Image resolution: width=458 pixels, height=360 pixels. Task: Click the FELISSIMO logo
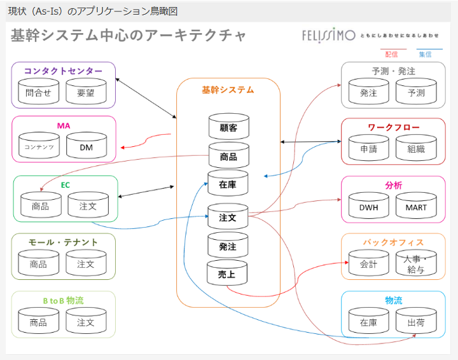(328, 36)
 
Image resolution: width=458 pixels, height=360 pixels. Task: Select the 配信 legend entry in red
(392, 55)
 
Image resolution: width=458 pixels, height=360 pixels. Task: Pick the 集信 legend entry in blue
(425, 55)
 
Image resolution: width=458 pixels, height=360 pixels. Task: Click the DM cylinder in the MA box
(87, 147)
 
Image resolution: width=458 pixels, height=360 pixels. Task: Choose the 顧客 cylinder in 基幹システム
(228, 127)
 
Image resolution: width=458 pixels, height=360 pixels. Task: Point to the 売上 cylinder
(227, 274)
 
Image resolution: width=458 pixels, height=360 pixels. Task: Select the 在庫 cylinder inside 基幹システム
(228, 184)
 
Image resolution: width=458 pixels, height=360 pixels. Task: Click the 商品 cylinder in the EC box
(41, 206)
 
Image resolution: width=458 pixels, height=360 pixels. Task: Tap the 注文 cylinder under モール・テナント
(86, 264)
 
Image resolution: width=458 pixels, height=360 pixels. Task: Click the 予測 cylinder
(416, 93)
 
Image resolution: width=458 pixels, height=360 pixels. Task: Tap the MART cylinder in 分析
(416, 207)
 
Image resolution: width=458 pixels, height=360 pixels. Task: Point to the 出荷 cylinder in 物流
(416, 322)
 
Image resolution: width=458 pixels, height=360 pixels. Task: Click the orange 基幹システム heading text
(228, 90)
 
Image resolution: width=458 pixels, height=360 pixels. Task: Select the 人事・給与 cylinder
(416, 264)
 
